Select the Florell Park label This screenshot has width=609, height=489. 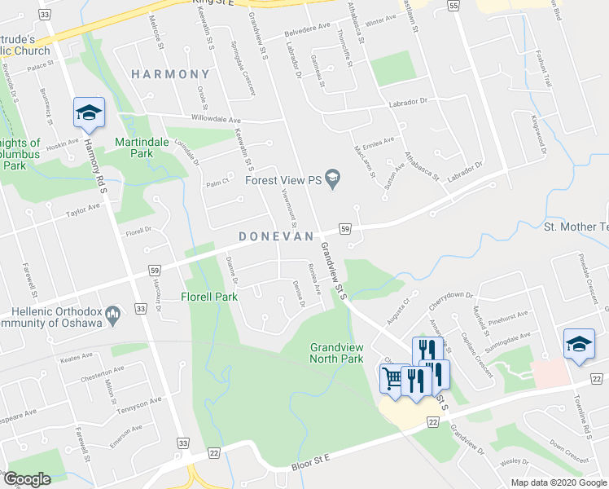(209, 297)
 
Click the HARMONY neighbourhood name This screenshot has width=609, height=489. (171, 74)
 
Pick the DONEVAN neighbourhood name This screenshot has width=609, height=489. (276, 236)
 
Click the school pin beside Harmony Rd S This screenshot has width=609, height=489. (89, 112)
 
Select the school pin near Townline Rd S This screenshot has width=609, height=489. (579, 344)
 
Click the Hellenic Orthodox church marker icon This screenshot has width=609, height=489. (113, 312)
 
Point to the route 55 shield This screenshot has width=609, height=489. (453, 5)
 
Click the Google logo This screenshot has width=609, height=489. (27, 479)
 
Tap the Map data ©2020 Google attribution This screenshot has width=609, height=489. (559, 482)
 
